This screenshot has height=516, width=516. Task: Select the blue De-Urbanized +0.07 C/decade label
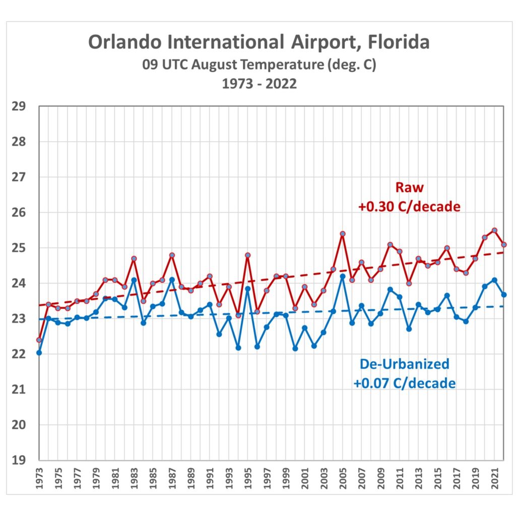404,373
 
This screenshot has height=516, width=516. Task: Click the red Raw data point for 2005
343,234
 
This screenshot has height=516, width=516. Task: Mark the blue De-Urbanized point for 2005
343,276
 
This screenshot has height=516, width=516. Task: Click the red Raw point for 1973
39,340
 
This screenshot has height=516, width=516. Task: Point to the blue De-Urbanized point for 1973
39,353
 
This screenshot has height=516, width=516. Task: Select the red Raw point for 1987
172,255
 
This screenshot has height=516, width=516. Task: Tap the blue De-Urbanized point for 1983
134,280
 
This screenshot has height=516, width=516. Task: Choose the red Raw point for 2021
494,230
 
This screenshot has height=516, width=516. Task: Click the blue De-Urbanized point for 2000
295,349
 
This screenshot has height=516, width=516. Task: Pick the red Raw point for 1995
248,255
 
